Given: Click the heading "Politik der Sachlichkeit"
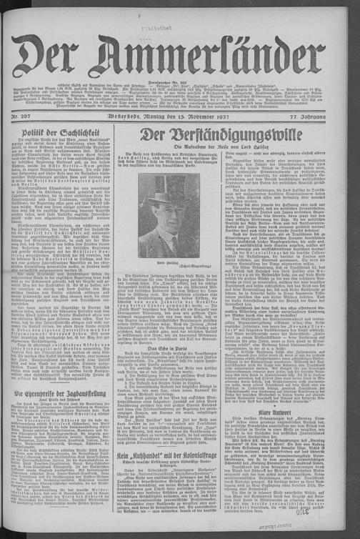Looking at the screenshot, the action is (x=64, y=133).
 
